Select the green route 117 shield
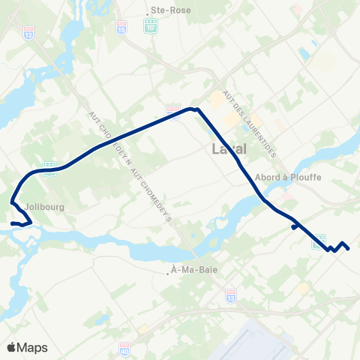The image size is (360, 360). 151,26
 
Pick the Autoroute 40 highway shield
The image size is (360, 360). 124,349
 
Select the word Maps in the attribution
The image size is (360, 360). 33,347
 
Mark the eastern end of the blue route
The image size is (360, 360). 349,248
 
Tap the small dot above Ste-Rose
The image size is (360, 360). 147,12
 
